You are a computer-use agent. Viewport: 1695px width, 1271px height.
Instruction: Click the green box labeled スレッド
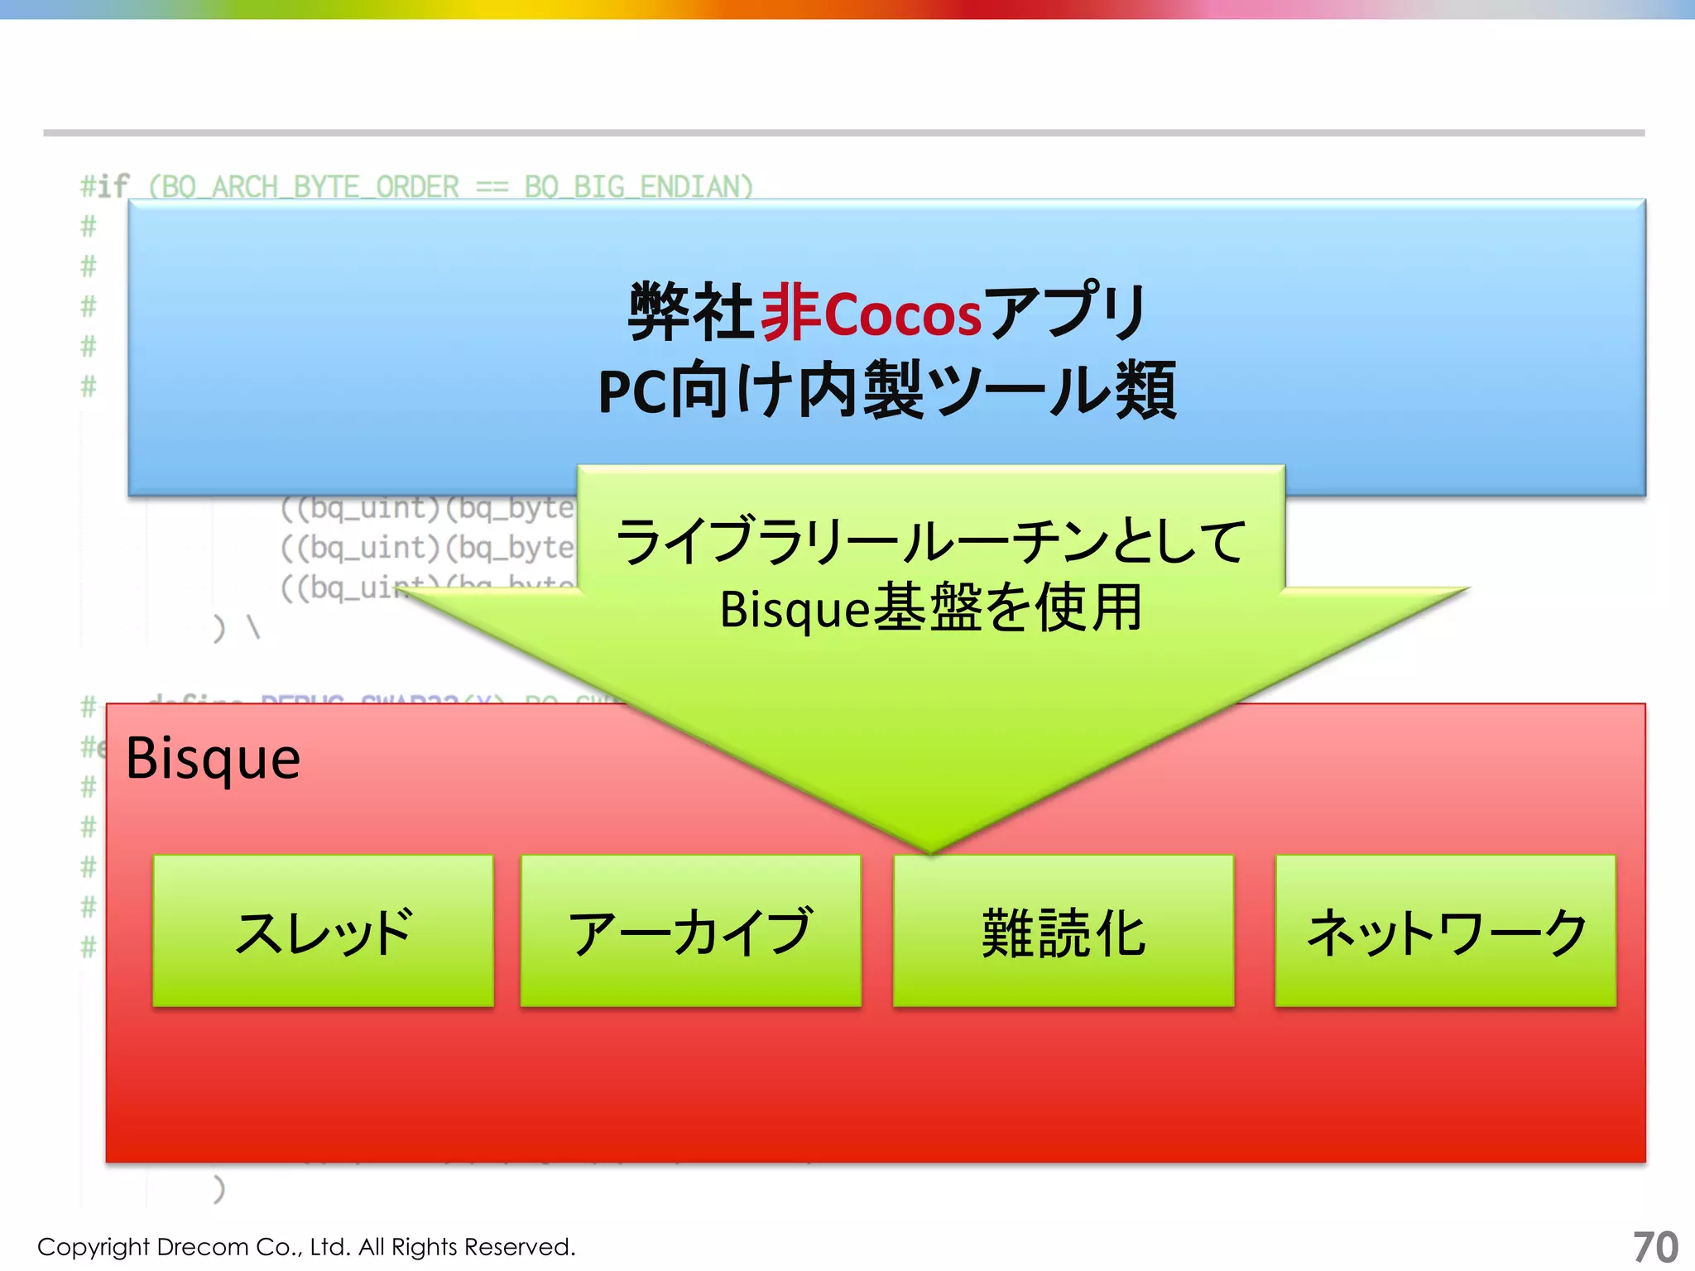tap(323, 931)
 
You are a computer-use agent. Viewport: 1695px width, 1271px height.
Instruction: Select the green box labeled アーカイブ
tap(690, 931)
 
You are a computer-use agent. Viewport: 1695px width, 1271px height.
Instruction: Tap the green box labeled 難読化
tap(1064, 931)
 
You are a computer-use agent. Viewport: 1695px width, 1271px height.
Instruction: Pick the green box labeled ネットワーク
tap(1445, 931)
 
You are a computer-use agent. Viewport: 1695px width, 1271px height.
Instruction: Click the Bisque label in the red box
tap(213, 759)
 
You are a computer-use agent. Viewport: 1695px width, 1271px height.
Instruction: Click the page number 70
tap(1654, 1246)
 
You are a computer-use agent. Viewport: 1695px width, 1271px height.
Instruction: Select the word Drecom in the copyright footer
tap(202, 1246)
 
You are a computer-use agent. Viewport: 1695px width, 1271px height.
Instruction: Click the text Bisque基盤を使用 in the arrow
tap(930, 608)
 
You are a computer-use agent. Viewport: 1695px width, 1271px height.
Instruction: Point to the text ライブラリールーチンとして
tap(930, 542)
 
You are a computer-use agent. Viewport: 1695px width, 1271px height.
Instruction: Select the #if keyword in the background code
tap(104, 186)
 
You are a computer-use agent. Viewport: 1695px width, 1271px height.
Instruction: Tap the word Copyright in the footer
tap(93, 1246)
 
